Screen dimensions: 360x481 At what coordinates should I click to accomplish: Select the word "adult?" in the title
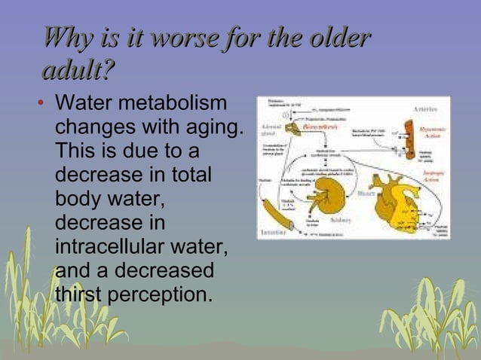pos(78,72)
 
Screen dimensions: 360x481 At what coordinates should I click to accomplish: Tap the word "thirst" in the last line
pos(79,292)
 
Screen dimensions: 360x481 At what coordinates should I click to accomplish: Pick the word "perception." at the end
pos(161,293)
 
